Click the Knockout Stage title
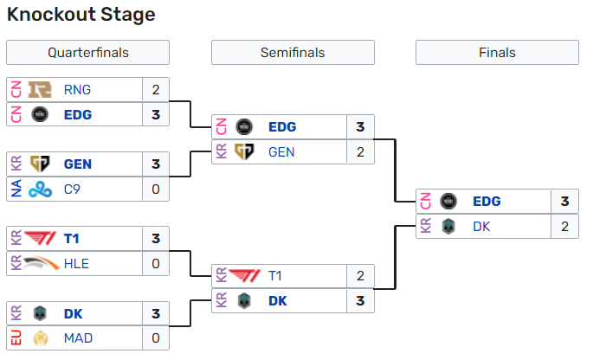click(81, 15)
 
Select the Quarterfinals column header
click(87, 53)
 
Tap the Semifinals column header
click(293, 53)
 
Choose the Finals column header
click(497, 53)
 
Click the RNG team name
click(77, 89)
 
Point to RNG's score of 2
click(156, 89)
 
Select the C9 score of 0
click(156, 189)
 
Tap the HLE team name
click(77, 264)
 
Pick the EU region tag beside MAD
click(15, 338)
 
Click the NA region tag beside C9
click(15, 189)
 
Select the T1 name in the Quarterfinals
click(73, 239)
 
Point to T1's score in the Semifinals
click(360, 277)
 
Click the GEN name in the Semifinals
click(282, 151)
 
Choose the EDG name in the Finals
click(487, 202)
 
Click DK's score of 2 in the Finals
click(564, 227)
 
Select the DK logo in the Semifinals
click(245, 301)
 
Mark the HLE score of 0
click(156, 264)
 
